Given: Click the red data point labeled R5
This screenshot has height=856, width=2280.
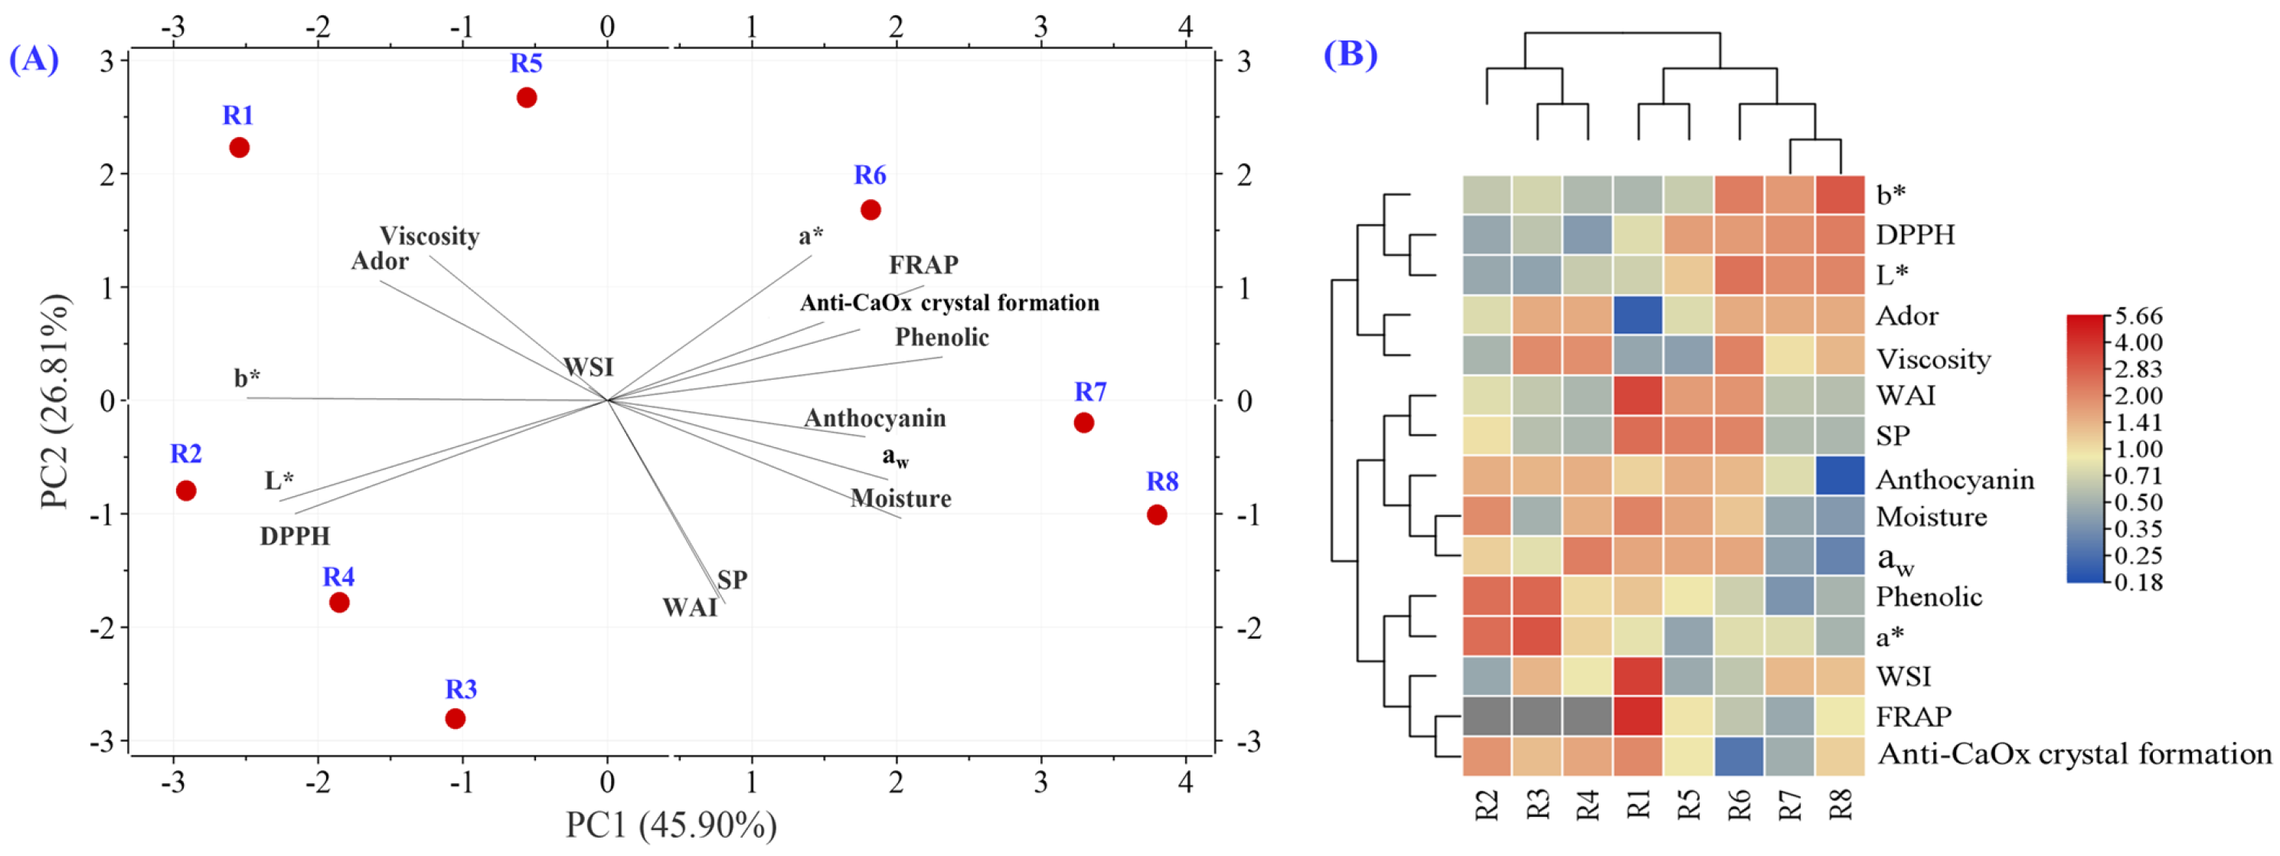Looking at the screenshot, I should [x=527, y=97].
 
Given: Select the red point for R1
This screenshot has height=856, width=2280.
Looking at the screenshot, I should [x=239, y=148].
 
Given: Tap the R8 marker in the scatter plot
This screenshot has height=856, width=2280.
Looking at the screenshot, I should [x=1157, y=515].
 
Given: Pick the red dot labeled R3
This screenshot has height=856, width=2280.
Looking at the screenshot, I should [x=455, y=719].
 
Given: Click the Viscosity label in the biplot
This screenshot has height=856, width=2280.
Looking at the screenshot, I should [x=430, y=237].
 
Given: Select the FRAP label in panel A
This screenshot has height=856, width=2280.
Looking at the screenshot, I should [x=923, y=265].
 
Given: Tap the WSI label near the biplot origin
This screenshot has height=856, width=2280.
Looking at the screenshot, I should [x=589, y=367].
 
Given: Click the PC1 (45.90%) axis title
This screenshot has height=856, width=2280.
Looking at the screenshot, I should [x=671, y=825].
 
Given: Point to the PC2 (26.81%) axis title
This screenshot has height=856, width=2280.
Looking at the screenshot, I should [x=55, y=401].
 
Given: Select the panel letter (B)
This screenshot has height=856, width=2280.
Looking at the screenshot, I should [x=1350, y=54].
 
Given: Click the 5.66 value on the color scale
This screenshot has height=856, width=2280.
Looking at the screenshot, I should [x=2138, y=316].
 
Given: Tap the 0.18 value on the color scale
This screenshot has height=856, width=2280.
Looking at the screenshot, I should [x=2138, y=583].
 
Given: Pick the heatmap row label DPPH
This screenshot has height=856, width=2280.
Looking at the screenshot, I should [x=1916, y=234].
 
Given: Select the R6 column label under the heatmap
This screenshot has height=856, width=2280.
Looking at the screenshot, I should [x=1739, y=805].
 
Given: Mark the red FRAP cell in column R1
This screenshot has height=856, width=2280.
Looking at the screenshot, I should [x=1638, y=716].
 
